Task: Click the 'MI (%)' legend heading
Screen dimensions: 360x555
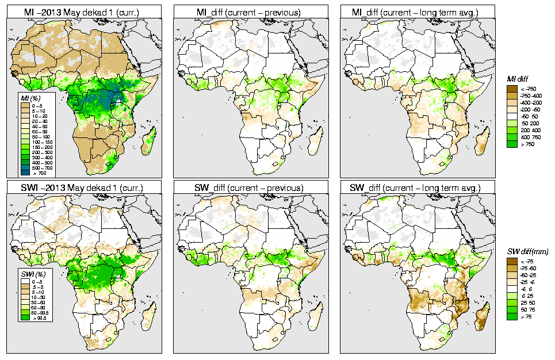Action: click(x=25, y=98)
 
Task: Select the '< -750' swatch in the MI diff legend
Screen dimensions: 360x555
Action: click(x=511, y=89)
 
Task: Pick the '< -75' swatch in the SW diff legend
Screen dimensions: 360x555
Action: click(x=511, y=262)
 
